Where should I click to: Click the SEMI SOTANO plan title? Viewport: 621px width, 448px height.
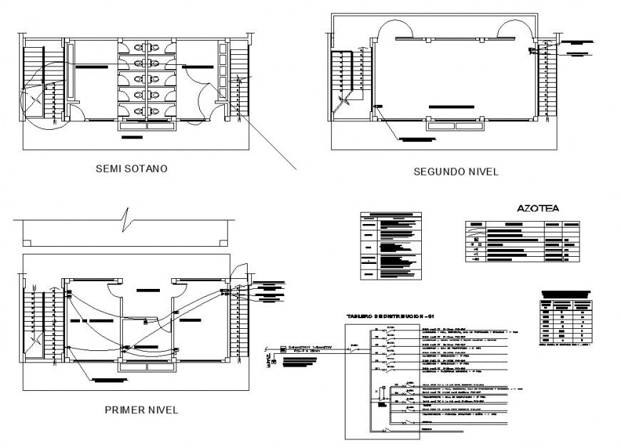pos(131,169)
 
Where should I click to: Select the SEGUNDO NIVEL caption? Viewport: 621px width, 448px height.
pos(455,172)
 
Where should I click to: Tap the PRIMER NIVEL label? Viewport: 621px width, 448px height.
pos(141,410)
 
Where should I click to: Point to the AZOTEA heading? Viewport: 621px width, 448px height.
pos(537,208)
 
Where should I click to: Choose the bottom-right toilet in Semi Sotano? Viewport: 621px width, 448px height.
pos(156,111)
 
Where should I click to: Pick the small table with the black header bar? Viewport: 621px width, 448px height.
pos(565,317)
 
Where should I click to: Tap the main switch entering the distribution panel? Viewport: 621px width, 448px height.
pos(355,347)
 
